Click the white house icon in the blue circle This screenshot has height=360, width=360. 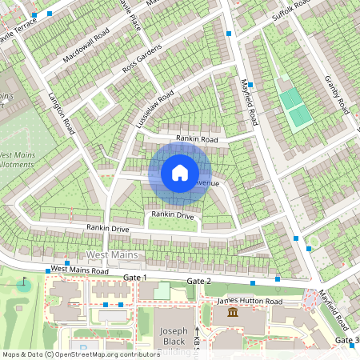coord(180,172)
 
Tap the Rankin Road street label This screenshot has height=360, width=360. coord(198,139)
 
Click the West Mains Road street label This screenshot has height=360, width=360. coord(79,271)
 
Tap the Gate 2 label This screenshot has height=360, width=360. coord(198,282)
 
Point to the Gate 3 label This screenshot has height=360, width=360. coord(346,342)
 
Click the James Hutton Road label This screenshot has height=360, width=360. coord(250,301)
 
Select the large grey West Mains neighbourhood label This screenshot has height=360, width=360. coord(111,255)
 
